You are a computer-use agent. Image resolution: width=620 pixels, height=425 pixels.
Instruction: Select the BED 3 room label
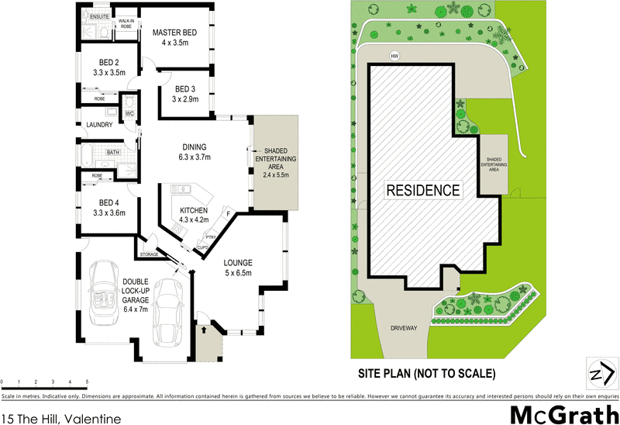click(x=185, y=88)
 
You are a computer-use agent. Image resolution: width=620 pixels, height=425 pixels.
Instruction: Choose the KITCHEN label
click(x=193, y=211)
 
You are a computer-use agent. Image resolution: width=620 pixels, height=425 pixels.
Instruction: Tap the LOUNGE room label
click(x=239, y=262)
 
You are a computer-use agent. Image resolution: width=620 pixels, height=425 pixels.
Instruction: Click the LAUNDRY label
click(x=99, y=125)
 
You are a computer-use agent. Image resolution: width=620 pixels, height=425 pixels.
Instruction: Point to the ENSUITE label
click(x=98, y=16)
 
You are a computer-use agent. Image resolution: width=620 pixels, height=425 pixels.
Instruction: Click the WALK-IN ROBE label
click(x=124, y=24)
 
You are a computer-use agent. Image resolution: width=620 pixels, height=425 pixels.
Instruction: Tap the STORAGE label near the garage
click(x=149, y=254)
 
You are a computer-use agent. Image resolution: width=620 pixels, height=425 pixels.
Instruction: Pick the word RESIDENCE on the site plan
click(x=423, y=190)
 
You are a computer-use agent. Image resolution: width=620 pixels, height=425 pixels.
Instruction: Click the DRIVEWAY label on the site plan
click(x=403, y=328)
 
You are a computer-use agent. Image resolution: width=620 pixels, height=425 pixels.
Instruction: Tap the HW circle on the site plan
click(x=395, y=55)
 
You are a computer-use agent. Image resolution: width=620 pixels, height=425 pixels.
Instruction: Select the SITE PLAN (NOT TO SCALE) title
click(x=426, y=373)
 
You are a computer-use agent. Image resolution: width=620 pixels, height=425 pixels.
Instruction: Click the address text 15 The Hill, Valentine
click(x=61, y=420)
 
